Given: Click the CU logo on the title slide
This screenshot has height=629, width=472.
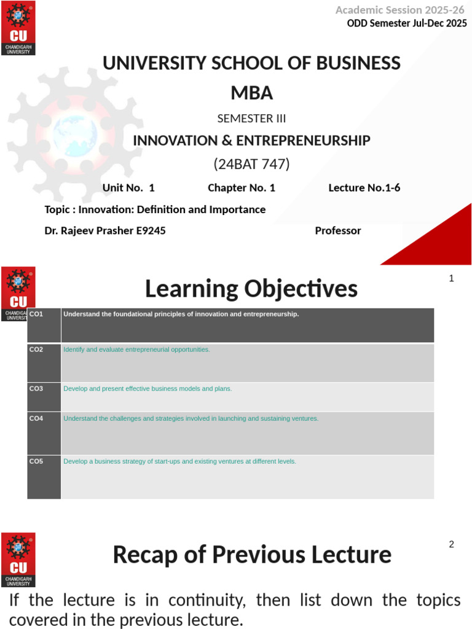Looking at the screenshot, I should point(18,28).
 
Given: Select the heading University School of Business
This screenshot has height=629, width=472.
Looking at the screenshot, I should point(251,63).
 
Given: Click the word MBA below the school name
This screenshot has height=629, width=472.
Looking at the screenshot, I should point(251,93).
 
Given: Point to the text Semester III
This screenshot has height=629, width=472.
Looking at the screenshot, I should point(251,119).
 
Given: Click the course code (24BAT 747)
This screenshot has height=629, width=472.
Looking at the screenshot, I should point(251,164).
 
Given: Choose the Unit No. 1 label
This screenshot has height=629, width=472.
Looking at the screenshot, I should point(128,188).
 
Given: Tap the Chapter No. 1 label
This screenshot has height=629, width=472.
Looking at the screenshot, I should point(242,188).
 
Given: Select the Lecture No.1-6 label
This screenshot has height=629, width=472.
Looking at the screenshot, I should point(364,188).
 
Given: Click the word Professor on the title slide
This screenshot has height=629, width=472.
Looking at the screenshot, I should point(338,231).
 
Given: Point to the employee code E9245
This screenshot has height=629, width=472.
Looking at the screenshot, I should point(150,231).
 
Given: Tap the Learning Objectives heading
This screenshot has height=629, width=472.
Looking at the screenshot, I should point(251,288).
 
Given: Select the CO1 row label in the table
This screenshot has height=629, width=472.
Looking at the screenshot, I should point(37,314).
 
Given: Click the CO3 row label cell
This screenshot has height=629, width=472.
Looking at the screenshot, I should point(37,389).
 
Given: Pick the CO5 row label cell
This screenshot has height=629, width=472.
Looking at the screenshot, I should point(37,461).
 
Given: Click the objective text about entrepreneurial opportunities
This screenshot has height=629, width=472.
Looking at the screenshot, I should point(136,350).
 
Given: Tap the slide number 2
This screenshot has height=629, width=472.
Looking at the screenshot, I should point(451,544).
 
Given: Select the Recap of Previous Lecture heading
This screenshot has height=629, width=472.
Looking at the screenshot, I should point(252,555).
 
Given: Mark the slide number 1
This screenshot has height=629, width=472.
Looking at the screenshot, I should point(451,278).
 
